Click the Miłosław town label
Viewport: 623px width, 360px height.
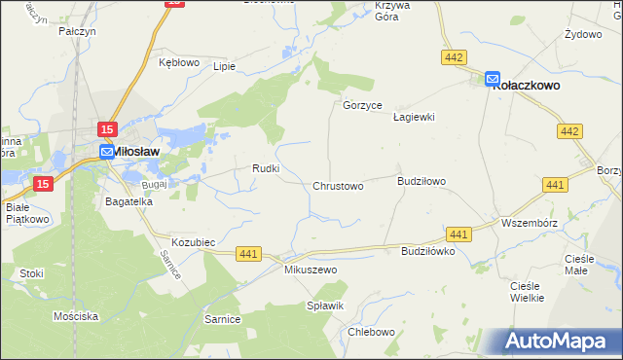[137, 152]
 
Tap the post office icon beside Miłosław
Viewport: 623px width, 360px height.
[106, 152]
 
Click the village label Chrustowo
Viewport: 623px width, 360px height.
[338, 186]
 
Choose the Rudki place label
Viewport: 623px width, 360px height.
[267, 168]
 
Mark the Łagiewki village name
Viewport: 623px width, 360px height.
[413, 117]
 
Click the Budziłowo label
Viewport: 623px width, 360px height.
[421, 181]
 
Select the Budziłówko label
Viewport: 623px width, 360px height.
[428, 250]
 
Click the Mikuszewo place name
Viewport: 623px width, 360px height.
[310, 270]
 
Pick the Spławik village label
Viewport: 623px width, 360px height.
[327, 306]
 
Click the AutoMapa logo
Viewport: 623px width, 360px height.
[561, 342]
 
